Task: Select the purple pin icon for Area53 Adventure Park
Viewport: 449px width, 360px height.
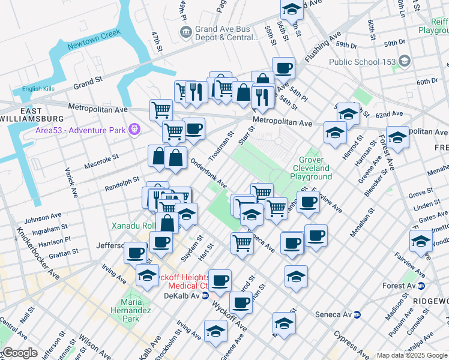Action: (133, 129)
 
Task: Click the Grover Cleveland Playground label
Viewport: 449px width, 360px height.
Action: (311, 169)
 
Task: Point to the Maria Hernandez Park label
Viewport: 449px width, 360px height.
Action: (127, 306)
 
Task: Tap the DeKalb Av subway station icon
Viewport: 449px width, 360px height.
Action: (205, 296)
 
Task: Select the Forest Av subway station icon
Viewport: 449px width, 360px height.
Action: (421, 286)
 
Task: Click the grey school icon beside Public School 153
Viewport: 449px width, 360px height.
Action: (405, 61)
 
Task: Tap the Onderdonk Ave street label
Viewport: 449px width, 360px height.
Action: (208, 173)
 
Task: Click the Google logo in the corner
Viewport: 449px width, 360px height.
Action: (20, 353)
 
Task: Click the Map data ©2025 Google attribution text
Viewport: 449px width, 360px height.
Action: (411, 355)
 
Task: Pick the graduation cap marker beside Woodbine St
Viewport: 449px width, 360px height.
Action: (421, 241)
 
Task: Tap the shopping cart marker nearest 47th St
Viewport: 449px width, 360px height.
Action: (161, 110)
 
